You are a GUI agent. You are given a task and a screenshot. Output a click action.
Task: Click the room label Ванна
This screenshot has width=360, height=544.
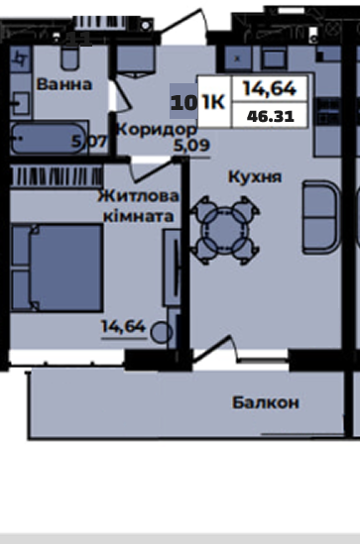pos(64,84)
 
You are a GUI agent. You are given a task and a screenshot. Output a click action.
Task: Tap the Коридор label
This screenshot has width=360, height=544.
pos(157,130)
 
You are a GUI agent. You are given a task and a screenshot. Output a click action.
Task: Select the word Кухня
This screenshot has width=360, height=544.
pos(255,177)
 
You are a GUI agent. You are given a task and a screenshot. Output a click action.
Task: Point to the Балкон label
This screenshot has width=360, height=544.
pos(266,402)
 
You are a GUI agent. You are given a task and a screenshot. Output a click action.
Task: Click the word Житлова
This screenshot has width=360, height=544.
pos(138,196)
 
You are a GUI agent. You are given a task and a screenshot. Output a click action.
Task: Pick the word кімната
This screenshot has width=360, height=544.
pos(139,216)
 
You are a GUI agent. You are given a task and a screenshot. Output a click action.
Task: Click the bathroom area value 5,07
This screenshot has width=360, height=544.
pos(89,142)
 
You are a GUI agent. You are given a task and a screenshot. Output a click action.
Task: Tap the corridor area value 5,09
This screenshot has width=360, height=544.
pos(191,146)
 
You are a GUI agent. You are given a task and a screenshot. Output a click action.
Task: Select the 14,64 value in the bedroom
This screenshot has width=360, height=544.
pos(123,326)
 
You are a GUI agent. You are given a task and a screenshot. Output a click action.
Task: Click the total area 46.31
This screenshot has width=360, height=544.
pos(271,116)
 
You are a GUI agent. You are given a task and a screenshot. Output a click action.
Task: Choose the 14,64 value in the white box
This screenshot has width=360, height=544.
pos(270,88)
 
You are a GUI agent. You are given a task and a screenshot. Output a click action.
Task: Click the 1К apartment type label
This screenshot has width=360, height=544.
pos(213,102)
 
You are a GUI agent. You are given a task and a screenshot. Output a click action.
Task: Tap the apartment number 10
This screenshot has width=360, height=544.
pos(183,103)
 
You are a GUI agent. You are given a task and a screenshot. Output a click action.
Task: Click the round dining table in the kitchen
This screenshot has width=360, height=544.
pos(224,230)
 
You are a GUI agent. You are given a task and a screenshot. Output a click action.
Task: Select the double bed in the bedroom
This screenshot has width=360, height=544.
pos(58,268)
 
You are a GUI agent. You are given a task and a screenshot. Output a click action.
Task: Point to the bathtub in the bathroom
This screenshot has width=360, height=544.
pos(49,139)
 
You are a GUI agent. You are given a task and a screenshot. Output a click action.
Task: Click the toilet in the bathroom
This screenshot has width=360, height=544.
pos(69,57)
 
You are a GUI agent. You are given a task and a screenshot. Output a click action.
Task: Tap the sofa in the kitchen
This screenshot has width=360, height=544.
pos(320,217)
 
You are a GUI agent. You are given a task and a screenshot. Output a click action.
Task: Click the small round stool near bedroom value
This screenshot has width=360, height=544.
pos(162,332)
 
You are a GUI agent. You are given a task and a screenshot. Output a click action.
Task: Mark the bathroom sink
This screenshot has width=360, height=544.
pos(20,103)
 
